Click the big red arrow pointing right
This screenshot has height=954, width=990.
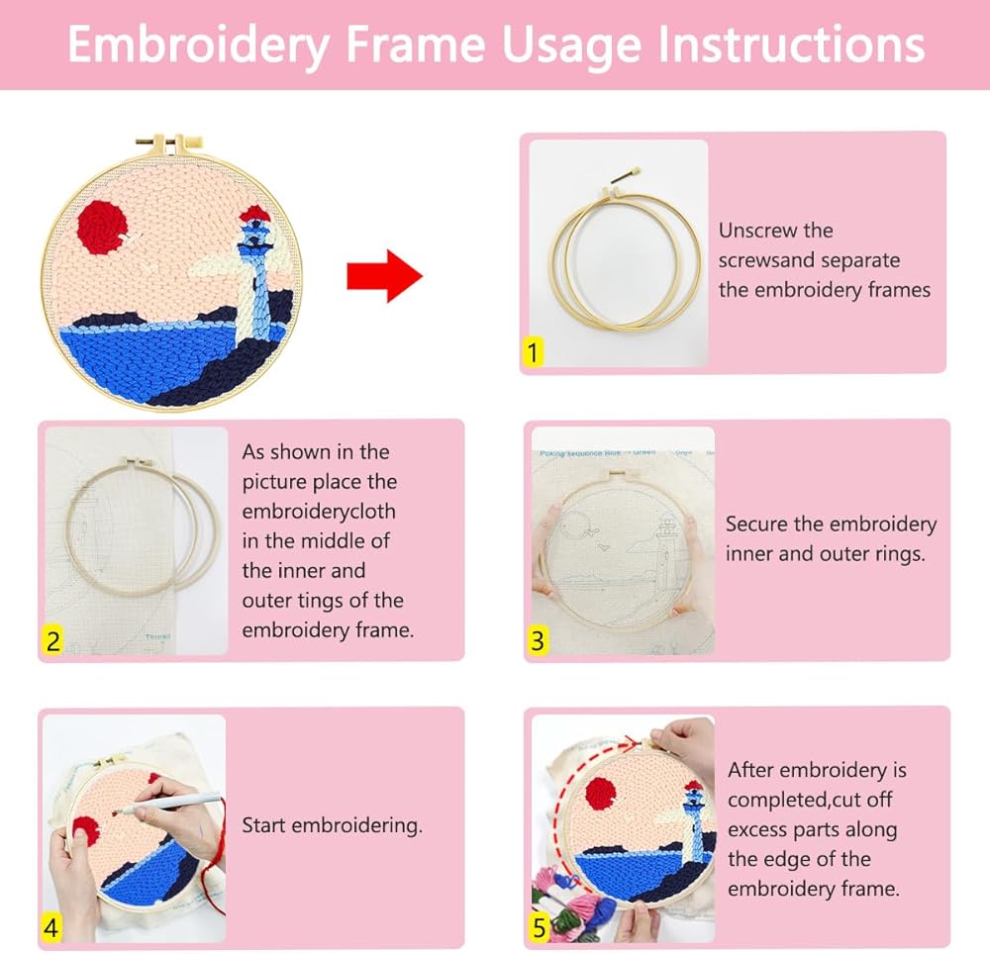click(384, 276)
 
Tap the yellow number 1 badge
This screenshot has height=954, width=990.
click(533, 352)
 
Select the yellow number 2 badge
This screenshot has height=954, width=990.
click(53, 641)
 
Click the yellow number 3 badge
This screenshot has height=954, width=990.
click(538, 641)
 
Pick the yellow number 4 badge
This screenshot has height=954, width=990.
click(51, 927)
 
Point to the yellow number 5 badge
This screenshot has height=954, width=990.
click(539, 927)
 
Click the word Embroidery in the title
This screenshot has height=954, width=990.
click(198, 46)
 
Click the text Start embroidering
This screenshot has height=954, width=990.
click(332, 825)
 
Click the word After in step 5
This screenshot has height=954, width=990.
click(748, 770)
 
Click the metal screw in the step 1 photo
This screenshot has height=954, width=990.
click(625, 176)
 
